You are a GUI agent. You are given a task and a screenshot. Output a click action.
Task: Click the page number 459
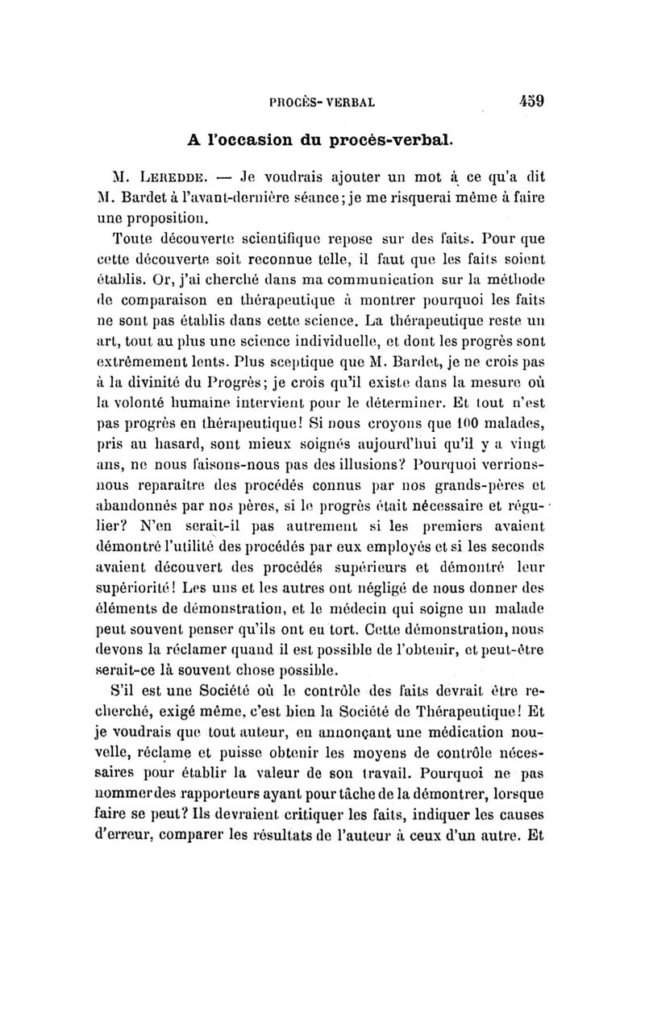click(x=531, y=102)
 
